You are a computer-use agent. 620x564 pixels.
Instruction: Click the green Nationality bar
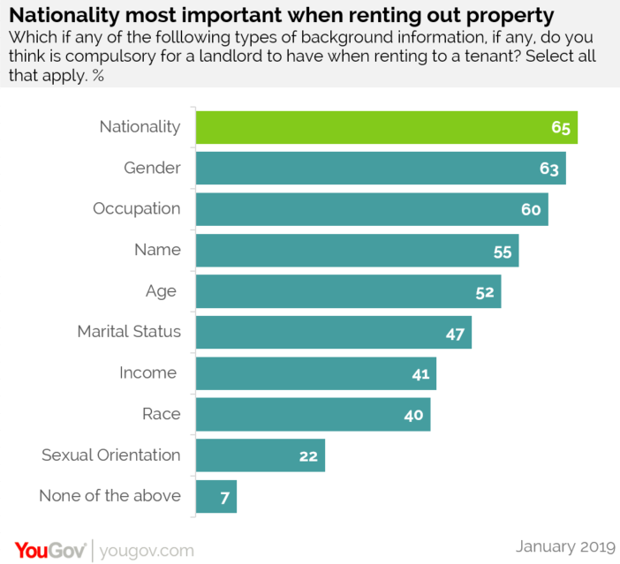click(x=386, y=127)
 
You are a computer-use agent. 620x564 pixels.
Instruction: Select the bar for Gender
click(x=380, y=168)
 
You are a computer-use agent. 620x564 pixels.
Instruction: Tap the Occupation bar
click(x=371, y=209)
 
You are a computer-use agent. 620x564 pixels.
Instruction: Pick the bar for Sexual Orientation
click(x=260, y=455)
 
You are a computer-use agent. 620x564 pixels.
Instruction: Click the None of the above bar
click(x=215, y=496)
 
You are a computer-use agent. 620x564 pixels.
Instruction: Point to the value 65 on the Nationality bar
click(x=561, y=127)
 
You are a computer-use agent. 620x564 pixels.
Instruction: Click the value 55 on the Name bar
click(x=503, y=251)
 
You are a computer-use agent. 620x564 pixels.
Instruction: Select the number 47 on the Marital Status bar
click(x=455, y=333)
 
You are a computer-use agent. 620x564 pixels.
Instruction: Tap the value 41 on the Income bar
click(x=420, y=374)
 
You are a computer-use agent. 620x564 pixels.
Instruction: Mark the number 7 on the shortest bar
click(x=224, y=497)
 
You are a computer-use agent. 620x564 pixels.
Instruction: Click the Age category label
click(x=162, y=290)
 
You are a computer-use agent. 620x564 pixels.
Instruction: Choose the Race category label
click(x=162, y=414)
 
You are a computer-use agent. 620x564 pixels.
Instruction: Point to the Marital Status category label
click(x=129, y=332)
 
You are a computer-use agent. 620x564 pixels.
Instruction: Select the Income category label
click(x=148, y=372)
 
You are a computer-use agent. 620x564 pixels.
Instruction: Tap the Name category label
click(x=157, y=250)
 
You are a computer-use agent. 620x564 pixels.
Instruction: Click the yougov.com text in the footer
click(x=145, y=550)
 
